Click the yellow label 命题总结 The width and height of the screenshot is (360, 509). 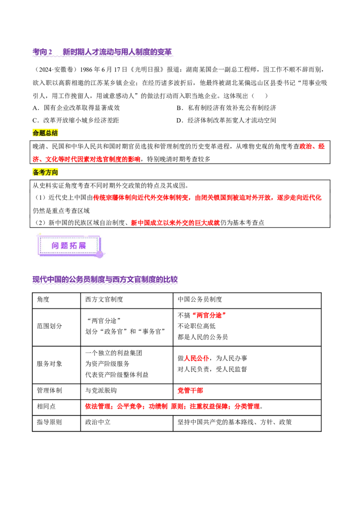pyautogui.click(x=46, y=133)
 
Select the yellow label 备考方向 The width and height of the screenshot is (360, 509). pyautogui.click(x=46, y=172)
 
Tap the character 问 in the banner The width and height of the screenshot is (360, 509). pyautogui.click(x=55, y=245)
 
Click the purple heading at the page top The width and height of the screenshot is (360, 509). pyautogui.click(x=103, y=53)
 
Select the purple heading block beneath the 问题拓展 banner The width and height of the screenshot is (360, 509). pyautogui.click(x=106, y=280)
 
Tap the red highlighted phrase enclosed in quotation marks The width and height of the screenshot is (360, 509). pyautogui.click(x=208, y=315)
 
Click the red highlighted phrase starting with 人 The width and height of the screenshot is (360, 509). pyautogui.click(x=196, y=358)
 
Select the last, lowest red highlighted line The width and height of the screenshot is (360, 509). pyautogui.click(x=173, y=406)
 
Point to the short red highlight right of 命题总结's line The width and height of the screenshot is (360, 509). pyautogui.click(x=313, y=147)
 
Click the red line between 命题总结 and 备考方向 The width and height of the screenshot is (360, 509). pyautogui.click(x=86, y=159)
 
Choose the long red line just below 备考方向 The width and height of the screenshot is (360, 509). pyautogui.click(x=207, y=197)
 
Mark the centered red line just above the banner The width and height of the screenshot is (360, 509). pyautogui.click(x=175, y=223)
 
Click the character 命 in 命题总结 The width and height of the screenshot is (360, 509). pyautogui.click(x=36, y=133)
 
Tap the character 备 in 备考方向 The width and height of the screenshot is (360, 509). pyautogui.click(x=36, y=172)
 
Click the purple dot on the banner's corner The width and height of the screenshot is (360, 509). pyautogui.click(x=99, y=254)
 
